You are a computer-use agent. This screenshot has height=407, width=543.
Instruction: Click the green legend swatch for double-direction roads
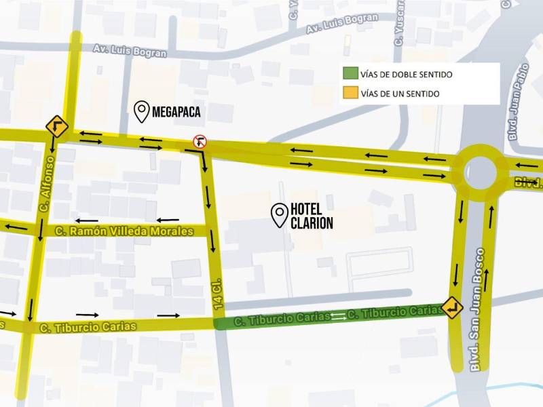point(351,74)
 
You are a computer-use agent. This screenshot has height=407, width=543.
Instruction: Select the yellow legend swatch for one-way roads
point(351,93)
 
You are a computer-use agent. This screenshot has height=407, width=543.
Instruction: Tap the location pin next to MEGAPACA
point(142,111)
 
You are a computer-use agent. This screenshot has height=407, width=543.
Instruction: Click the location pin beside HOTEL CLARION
point(278,215)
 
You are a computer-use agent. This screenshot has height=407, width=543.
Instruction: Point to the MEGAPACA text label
point(176,112)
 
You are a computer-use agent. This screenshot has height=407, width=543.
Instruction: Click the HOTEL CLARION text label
point(312,216)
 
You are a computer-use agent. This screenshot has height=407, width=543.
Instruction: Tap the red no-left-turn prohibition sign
point(200,141)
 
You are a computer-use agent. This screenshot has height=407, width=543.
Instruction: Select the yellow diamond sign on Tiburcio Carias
point(452,308)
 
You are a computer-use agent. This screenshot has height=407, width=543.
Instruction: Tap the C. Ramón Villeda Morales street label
point(124,231)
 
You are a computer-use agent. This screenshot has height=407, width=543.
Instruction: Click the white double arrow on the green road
point(338,315)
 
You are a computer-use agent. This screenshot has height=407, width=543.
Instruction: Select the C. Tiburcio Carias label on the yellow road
point(88,328)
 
